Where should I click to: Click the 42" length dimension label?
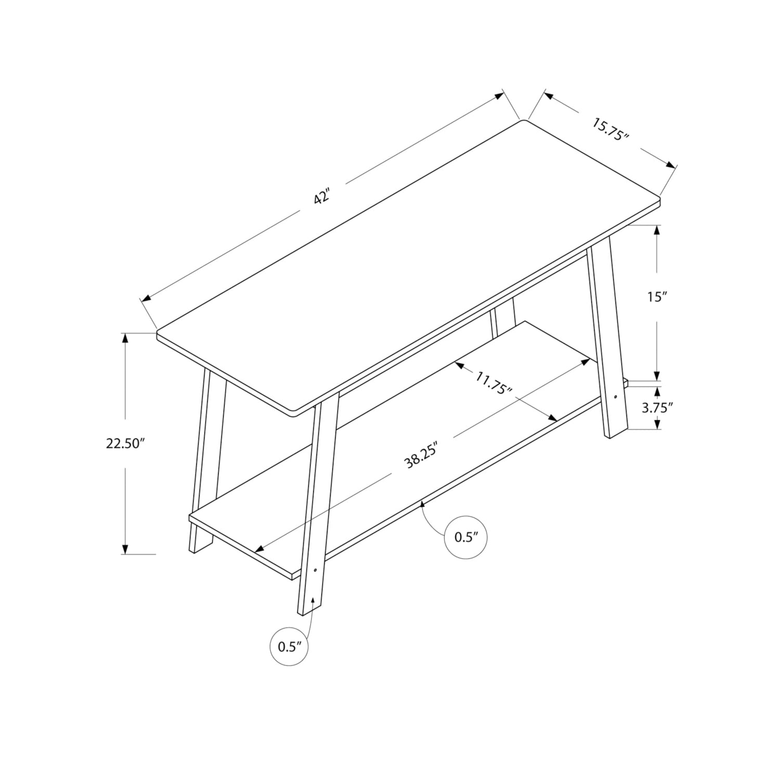[x=322, y=198]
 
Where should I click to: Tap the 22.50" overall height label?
[x=124, y=444]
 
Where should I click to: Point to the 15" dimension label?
[x=657, y=297]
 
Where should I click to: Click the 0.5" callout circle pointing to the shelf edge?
[x=465, y=538]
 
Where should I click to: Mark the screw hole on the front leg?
[x=315, y=570]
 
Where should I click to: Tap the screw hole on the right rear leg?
[x=616, y=397]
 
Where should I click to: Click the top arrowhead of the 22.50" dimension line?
[x=125, y=338]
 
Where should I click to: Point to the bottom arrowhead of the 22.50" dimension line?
[x=125, y=549]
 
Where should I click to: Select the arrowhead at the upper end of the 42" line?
[x=500, y=95]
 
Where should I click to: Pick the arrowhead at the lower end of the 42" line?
[x=146, y=298]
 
